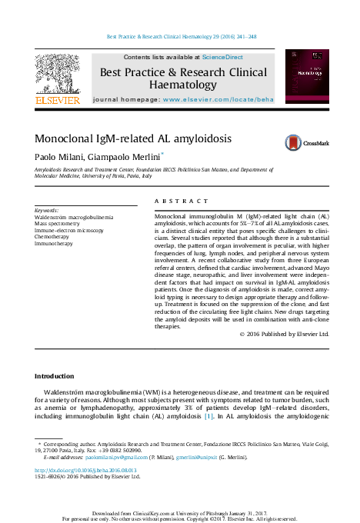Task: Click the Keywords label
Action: pyautogui.click(x=47, y=210)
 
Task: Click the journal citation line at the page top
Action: pyautogui.click(x=182, y=36)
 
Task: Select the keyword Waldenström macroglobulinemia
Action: pyautogui.click(x=74, y=217)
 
